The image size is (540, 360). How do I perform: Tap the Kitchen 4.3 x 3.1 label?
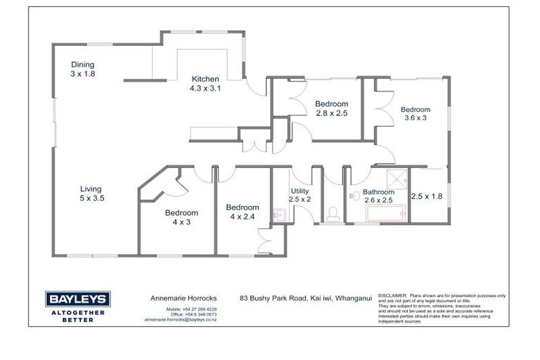pyautogui.click(x=205, y=84)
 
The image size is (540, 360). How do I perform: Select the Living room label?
pyautogui.click(x=91, y=193)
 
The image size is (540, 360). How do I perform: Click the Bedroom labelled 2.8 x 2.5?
pyautogui.click(x=331, y=108)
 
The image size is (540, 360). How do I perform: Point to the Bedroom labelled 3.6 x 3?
pyautogui.click(x=415, y=114)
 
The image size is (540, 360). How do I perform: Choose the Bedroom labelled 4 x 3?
pyautogui.click(x=181, y=217)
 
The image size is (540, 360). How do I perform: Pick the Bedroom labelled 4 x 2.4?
pyautogui.click(x=242, y=212)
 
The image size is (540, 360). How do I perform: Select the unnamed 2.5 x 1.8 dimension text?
pyautogui.click(x=427, y=196)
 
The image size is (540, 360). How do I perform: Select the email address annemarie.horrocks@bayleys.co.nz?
pyautogui.click(x=181, y=319)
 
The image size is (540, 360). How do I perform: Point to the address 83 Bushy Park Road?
pyautogui.click(x=274, y=298)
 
